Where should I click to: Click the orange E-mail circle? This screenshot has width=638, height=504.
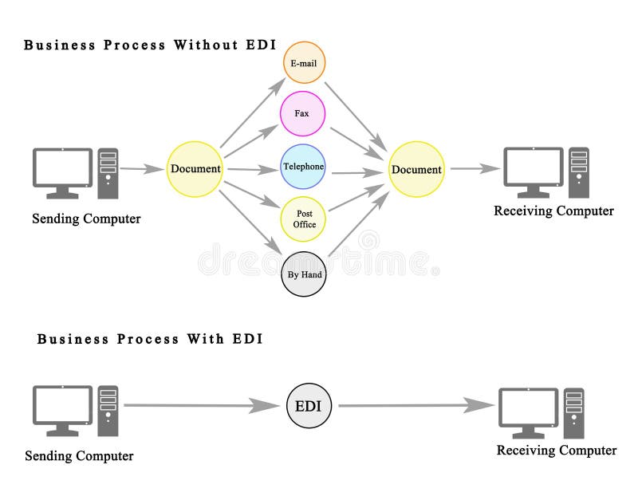pos(305,61)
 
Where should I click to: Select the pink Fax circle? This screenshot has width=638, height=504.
pos(302,114)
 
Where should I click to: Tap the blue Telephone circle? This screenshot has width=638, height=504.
pos(303,167)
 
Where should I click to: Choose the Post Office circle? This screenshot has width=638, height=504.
pos(304,219)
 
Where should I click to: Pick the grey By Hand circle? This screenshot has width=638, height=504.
pos(304,274)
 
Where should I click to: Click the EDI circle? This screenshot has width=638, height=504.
pos(308,406)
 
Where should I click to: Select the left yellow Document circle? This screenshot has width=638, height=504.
pos(195,169)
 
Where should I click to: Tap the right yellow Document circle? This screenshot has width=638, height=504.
pos(415,170)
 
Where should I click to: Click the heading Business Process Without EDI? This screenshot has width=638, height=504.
pos(143,45)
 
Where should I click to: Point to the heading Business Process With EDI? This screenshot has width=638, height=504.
pos(150,339)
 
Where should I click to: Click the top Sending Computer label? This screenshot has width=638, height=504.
pos(86,219)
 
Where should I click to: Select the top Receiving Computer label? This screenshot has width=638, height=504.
pos(553,211)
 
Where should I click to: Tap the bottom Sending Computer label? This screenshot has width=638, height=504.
pos(79,456)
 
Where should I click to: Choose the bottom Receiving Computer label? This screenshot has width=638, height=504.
pos(557,451)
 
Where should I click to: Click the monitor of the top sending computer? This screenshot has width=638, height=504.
pos(62,168)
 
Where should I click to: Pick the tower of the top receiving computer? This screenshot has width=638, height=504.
pos(580,171)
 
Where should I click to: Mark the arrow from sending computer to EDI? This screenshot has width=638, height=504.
pos(199,406)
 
